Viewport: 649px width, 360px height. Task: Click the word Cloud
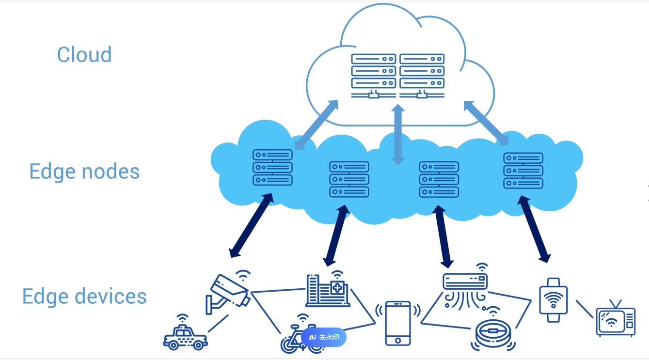(x=84, y=54)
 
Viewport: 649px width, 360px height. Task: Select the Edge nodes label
(x=84, y=172)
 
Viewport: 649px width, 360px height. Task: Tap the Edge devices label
(x=84, y=297)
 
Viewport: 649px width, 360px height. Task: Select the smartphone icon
(x=398, y=323)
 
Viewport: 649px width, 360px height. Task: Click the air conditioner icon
(x=465, y=282)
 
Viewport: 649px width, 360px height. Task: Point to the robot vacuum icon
(x=493, y=332)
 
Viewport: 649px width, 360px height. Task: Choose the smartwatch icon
(x=553, y=300)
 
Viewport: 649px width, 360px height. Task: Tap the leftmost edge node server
(x=272, y=167)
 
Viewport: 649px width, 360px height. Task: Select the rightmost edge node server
(x=523, y=171)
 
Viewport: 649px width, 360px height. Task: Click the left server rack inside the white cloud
(x=373, y=75)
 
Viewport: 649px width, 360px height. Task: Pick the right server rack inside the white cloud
(x=422, y=75)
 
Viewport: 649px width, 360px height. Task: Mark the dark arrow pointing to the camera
(x=251, y=225)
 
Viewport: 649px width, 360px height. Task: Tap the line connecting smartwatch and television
(x=585, y=309)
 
